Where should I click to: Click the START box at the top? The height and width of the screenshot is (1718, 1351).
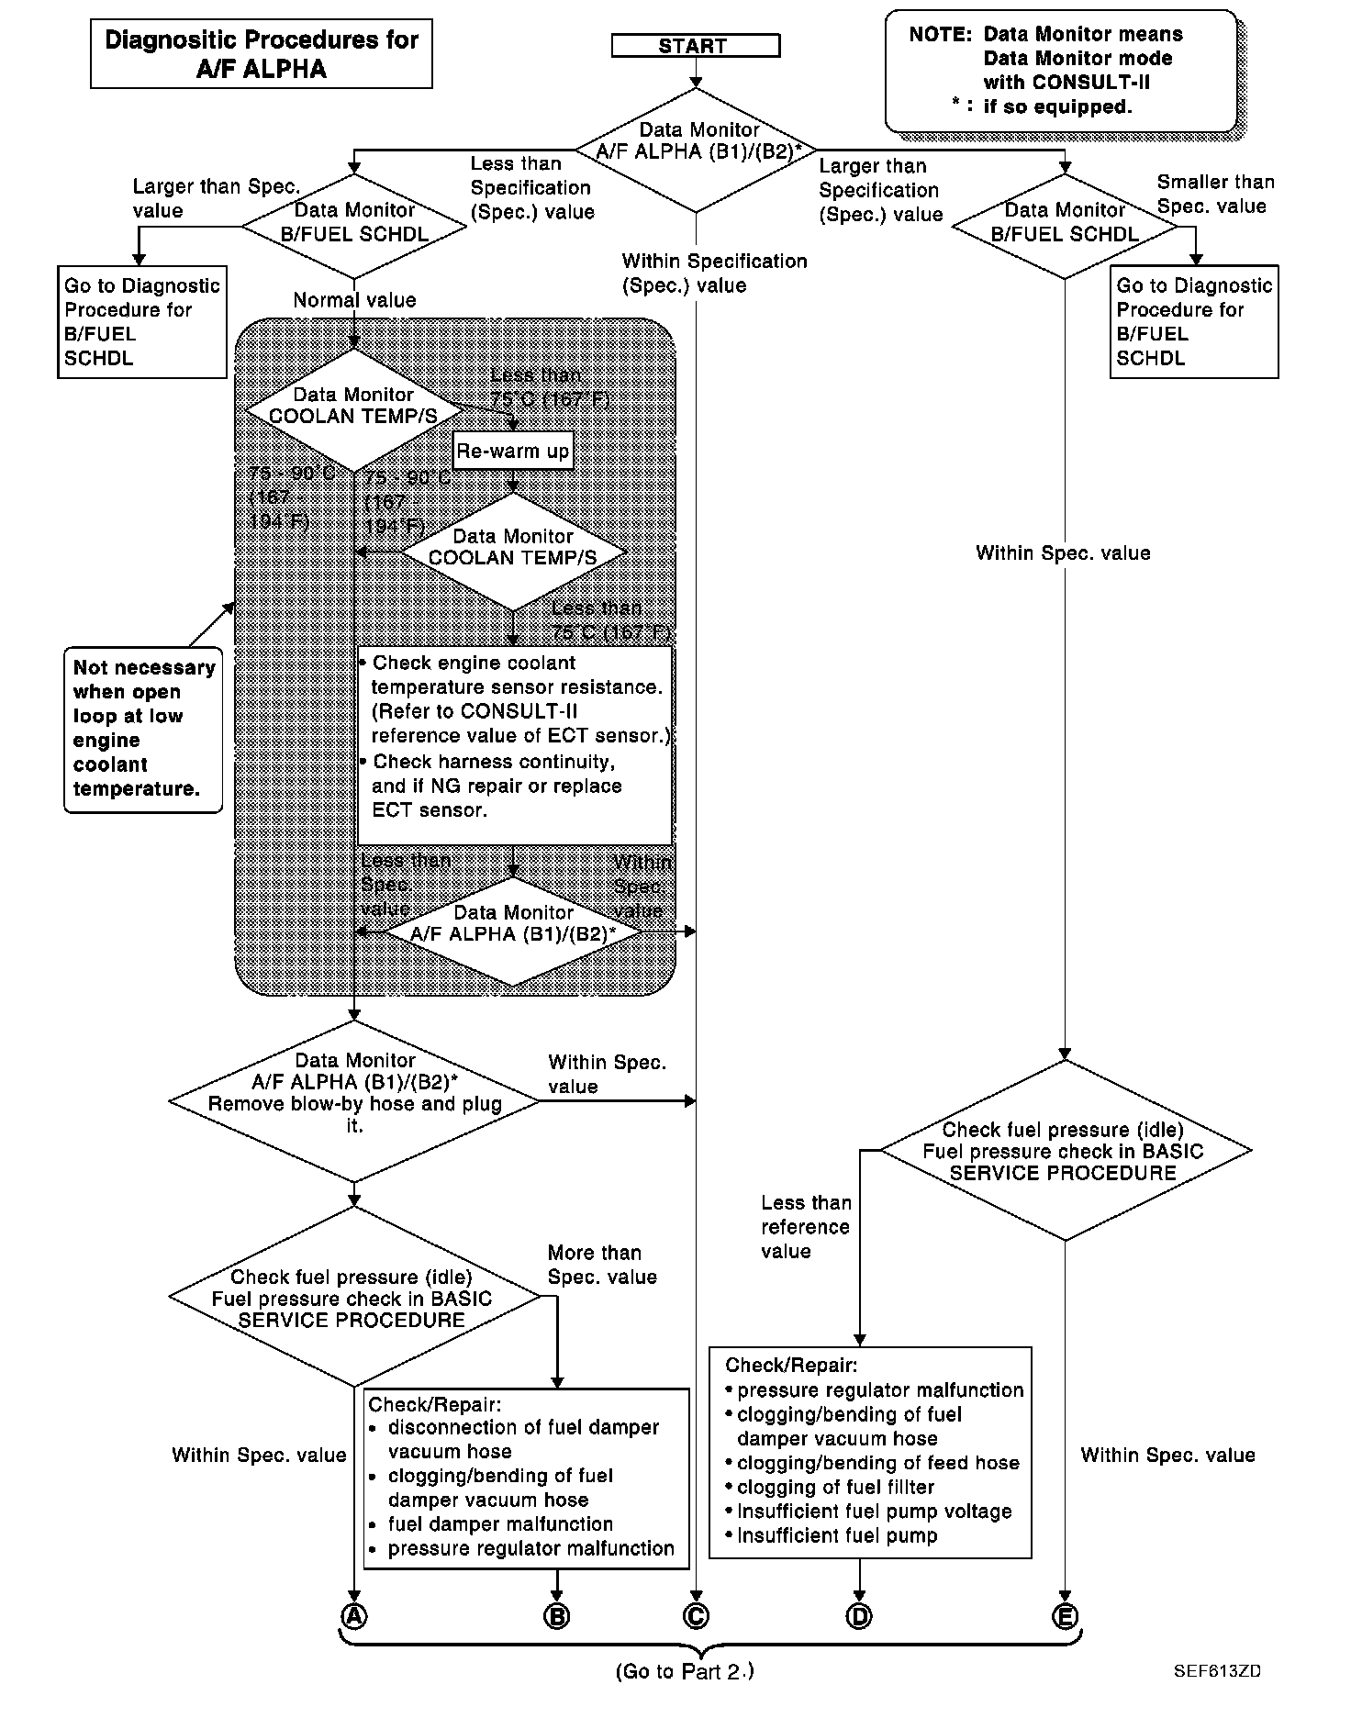tap(695, 46)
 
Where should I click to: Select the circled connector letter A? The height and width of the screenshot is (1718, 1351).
tap(354, 1615)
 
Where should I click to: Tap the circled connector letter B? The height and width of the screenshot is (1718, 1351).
tap(557, 1615)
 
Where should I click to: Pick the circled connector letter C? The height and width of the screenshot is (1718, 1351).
tap(697, 1615)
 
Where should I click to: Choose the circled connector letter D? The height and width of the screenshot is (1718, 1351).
tap(859, 1615)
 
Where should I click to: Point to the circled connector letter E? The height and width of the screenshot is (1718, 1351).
tap(1066, 1615)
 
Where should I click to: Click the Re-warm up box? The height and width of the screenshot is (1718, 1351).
tap(513, 451)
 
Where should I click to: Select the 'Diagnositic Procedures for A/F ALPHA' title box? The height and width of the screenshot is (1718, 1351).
tap(262, 54)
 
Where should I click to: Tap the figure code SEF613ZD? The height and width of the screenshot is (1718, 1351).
tap(1216, 1670)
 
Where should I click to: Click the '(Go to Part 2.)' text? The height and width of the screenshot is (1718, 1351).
tap(684, 1671)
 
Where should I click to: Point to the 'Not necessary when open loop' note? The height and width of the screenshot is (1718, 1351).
tap(143, 729)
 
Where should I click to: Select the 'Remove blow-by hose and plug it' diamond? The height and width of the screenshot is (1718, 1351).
tap(355, 1101)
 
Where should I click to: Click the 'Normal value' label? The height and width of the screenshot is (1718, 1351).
tap(354, 300)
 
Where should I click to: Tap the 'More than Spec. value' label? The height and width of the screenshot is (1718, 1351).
tap(601, 1265)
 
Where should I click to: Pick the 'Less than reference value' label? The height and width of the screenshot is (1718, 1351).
tap(805, 1227)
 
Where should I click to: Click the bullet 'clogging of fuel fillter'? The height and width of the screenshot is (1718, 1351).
tap(835, 1487)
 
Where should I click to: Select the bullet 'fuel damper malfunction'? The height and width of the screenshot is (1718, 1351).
tap(499, 1523)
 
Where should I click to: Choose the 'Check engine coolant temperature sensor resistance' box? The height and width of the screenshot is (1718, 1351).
tap(515, 744)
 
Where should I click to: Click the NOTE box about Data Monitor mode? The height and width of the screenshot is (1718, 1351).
tap(1061, 71)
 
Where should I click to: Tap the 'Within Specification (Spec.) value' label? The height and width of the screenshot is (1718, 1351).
tap(714, 273)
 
